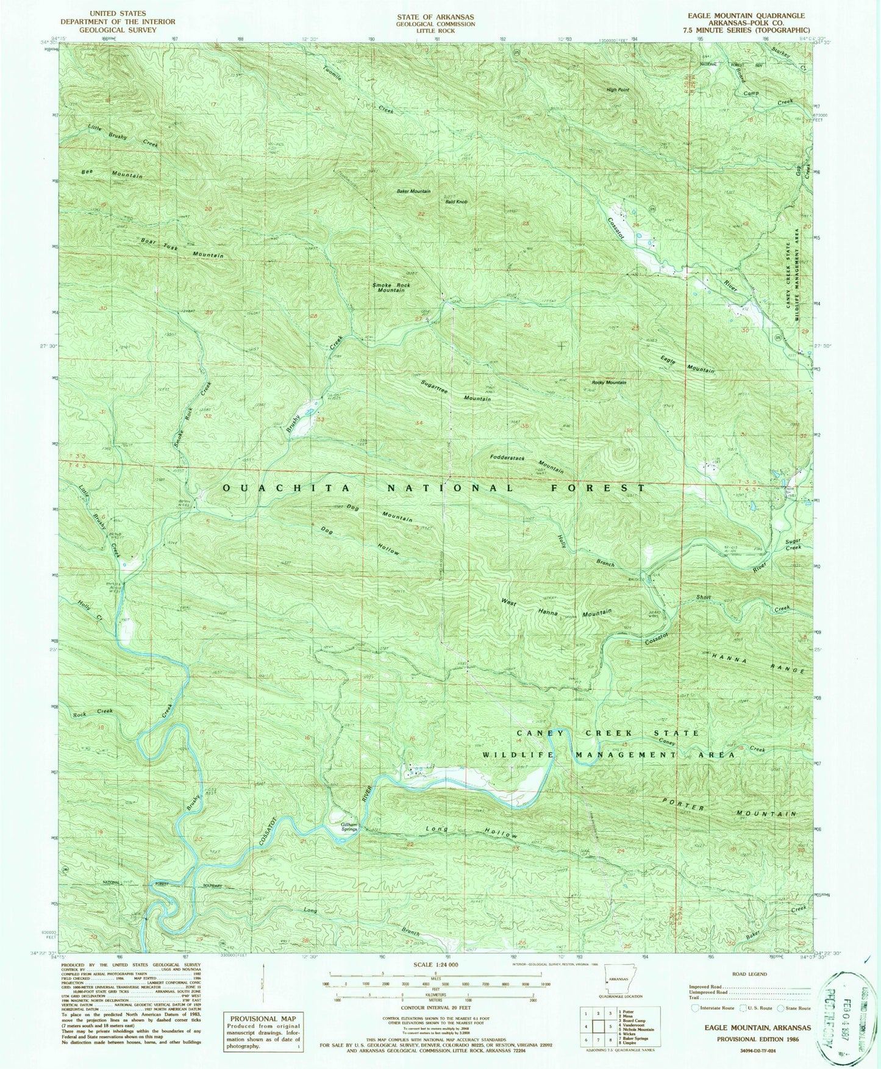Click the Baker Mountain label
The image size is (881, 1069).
pyautogui.click(x=413, y=191)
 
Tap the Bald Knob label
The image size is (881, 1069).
pyautogui.click(x=456, y=201)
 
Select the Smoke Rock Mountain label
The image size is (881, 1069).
pyautogui.click(x=391, y=287)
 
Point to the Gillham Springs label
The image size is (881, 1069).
pyautogui.click(x=349, y=827)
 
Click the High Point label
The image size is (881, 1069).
pyautogui.click(x=618, y=90)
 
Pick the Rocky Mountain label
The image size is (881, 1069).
pyautogui.click(x=609, y=382)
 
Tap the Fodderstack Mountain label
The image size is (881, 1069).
pyautogui.click(x=526, y=463)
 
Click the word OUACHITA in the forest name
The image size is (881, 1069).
pyautogui.click(x=287, y=488)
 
